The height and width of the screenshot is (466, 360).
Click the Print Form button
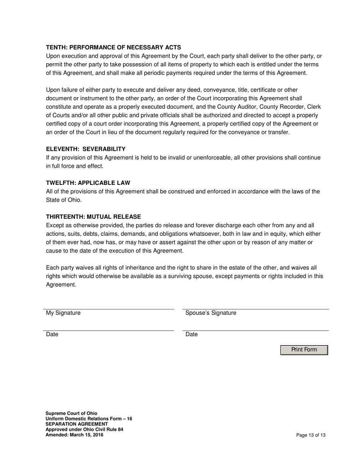pos(304,350)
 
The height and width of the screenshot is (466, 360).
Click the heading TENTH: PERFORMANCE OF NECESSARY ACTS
pos(113,47)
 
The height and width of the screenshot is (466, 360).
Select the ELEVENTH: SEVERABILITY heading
pos(86,149)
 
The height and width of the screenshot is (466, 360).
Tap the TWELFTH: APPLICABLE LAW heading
pos(88,183)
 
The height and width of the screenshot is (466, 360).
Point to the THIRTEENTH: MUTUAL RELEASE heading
pos(93,217)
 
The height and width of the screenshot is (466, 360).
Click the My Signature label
pos(63,313)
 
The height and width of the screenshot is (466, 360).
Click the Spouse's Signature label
pos(211,313)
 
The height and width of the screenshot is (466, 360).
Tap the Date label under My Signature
pos(52,334)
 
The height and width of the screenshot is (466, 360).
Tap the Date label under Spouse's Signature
pos(192,334)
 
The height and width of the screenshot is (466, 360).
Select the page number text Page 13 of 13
pos(311,435)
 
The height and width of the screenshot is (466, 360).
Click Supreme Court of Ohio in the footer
pos(71,413)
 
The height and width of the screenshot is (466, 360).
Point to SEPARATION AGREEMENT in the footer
pos(77,424)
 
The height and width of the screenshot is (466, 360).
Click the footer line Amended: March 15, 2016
pos(74,435)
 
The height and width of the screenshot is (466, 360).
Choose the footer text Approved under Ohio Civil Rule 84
pos(84,429)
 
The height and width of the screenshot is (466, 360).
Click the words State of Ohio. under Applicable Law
pos(64,200)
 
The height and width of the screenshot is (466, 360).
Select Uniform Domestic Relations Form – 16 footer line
pos(89,419)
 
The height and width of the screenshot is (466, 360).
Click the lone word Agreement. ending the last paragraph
pos(61,285)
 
